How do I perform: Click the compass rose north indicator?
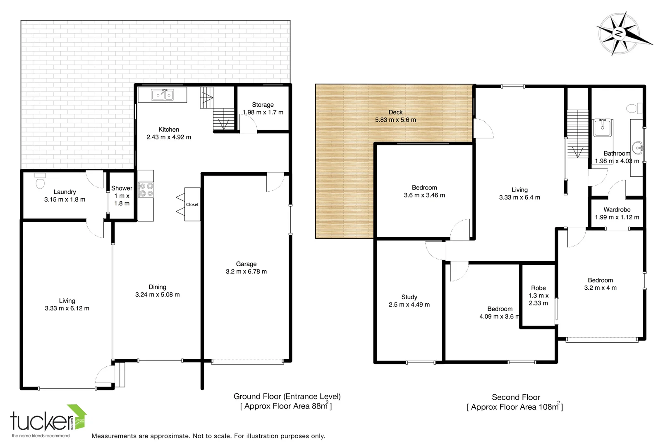pos(619,34)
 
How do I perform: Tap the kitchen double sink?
pos(162,95)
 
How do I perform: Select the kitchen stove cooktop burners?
pos(146,190)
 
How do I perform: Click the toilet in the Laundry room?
pos(40,182)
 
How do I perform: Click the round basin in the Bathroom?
pos(637,147)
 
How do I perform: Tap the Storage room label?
pos(263,105)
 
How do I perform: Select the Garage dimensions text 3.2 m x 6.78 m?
pos(246,272)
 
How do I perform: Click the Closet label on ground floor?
pos(192,204)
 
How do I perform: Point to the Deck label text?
pos(395,112)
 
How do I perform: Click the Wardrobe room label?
pos(617,209)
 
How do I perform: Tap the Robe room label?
pos(538,288)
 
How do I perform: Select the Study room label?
pos(409,297)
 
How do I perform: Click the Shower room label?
pos(122,188)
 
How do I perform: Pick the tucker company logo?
pos(48,420)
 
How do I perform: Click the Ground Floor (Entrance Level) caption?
pos(287,396)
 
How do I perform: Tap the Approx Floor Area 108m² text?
pos(515,407)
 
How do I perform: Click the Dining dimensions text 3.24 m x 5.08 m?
pos(157,295)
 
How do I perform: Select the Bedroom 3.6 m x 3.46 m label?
pos(424,191)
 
